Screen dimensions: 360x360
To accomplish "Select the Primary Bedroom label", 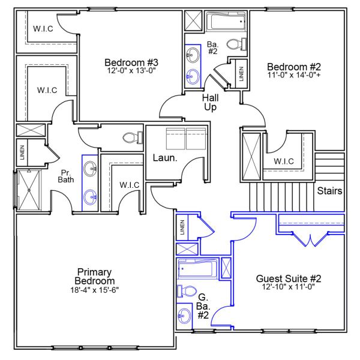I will tap(94, 277).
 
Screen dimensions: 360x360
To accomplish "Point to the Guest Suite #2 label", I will tap(289, 278).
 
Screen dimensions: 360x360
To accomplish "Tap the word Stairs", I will tap(330, 191).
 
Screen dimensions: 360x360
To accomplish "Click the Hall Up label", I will tap(209, 102).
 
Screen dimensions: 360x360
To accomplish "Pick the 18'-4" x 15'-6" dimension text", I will tap(94, 290).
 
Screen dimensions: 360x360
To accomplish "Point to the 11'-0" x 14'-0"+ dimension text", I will tap(292, 76).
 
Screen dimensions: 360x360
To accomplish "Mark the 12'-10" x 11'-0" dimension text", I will tap(289, 287).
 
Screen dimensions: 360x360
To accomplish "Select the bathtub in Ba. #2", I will tap(226, 23).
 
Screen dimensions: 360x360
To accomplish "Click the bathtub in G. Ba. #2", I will tap(197, 268).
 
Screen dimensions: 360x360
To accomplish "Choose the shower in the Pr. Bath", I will tap(27, 190).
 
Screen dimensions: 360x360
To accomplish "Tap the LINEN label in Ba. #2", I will tap(241, 73).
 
